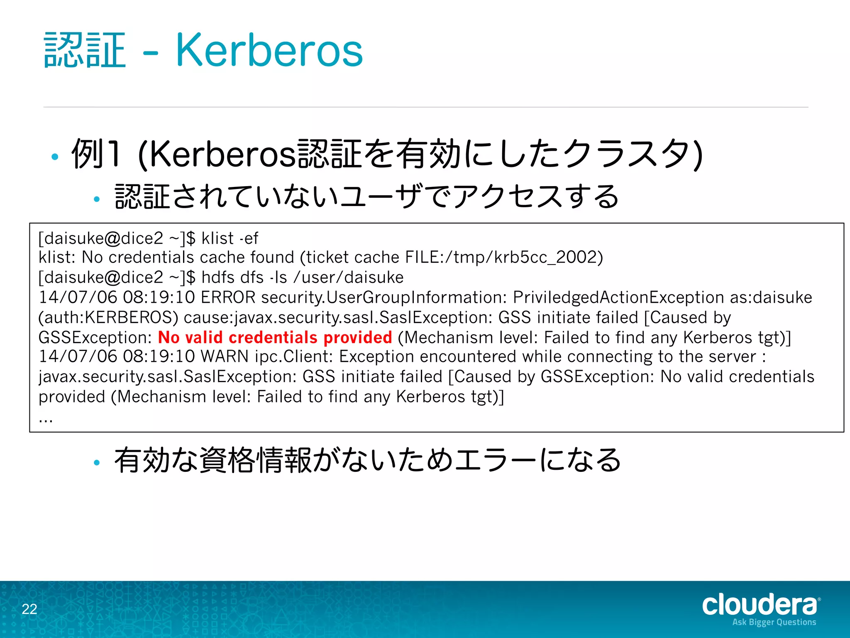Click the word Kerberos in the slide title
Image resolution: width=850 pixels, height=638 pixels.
(x=269, y=51)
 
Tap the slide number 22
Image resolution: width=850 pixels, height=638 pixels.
(x=29, y=609)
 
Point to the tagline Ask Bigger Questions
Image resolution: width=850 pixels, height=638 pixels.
(x=774, y=622)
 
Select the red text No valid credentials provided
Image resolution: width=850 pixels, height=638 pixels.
(x=275, y=337)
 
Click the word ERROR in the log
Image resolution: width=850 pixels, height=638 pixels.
(x=228, y=297)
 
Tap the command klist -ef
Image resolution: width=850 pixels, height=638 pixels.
(x=230, y=238)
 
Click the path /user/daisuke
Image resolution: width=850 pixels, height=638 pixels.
(x=348, y=277)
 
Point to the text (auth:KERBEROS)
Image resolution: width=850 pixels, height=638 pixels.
(x=108, y=317)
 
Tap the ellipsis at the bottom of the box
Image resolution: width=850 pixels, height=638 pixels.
(x=45, y=420)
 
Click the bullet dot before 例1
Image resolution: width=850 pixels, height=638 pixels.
(x=54, y=157)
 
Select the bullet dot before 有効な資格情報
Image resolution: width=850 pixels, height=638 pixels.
(x=97, y=462)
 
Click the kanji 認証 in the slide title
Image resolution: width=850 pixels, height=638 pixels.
(x=85, y=51)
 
